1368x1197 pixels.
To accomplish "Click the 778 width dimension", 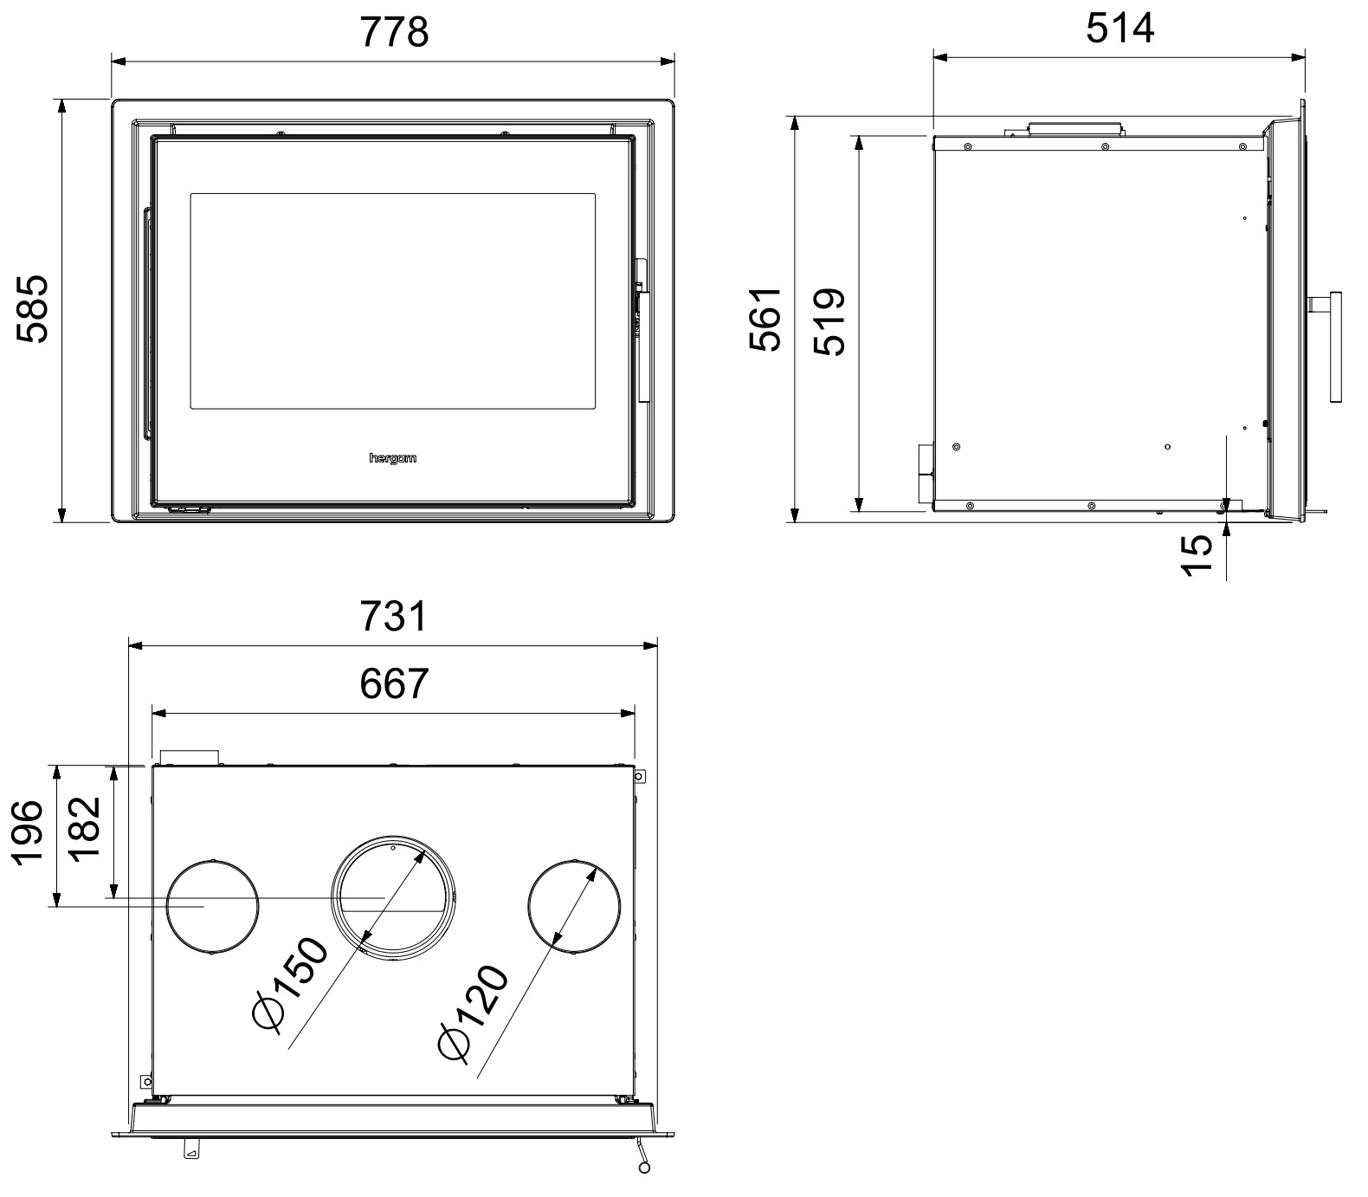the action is [394, 33].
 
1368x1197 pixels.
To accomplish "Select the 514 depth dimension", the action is [1120, 29].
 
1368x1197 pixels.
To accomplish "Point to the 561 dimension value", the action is [765, 319].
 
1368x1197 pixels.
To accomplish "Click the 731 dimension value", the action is [394, 617].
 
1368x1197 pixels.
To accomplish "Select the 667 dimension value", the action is [394, 683].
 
